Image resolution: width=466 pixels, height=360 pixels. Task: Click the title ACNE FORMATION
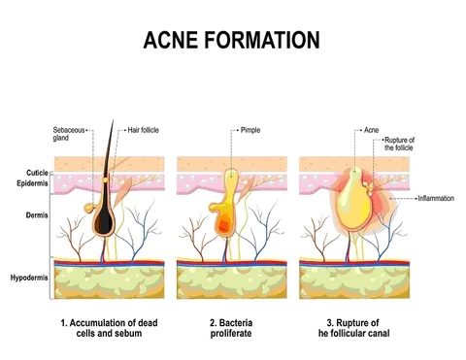[x=232, y=41]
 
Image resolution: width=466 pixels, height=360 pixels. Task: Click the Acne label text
[x=372, y=130]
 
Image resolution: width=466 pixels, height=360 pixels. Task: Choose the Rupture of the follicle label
[x=399, y=145]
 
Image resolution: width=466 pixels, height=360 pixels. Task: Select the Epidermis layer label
[x=28, y=181]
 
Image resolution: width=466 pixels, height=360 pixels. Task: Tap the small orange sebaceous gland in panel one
[x=90, y=207]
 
